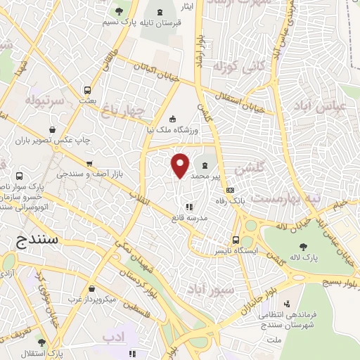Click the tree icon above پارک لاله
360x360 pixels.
[303, 246]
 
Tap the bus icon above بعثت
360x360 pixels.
[87, 90]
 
